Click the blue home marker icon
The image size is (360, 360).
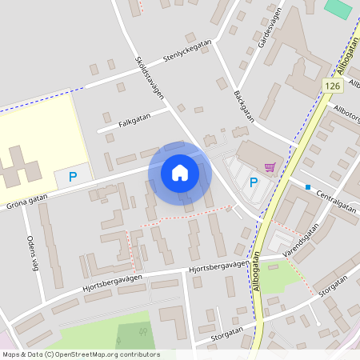[180, 173]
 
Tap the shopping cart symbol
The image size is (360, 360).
[270, 167]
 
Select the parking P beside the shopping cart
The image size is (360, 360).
[254, 182]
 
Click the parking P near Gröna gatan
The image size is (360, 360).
[73, 176]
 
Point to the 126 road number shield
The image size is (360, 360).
[334, 85]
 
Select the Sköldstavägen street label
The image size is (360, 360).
[150, 78]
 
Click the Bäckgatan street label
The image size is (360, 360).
[243, 105]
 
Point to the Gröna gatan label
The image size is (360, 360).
[27, 205]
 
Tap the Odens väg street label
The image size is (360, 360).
[32, 254]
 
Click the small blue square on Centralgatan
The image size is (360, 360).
[307, 187]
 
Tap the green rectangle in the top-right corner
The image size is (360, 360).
[338, 9]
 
